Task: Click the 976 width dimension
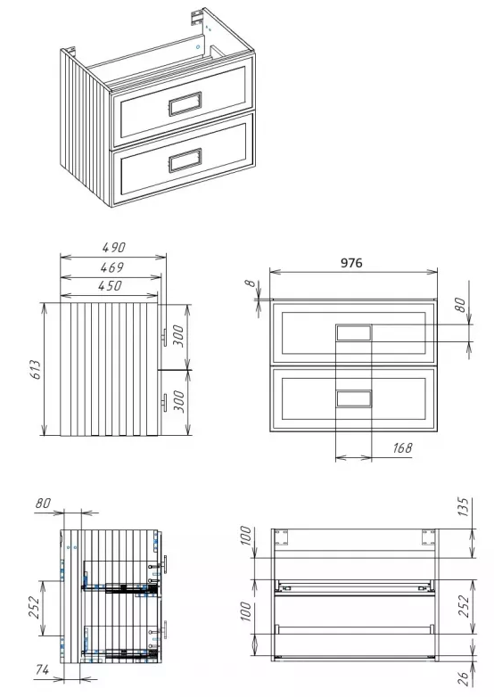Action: click(x=351, y=263)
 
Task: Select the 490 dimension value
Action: click(x=114, y=247)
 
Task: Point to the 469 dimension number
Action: click(x=111, y=267)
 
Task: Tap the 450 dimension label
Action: click(x=110, y=285)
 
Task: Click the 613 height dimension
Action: click(x=36, y=369)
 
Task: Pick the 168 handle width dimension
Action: click(x=402, y=447)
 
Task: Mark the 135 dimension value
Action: click(x=464, y=507)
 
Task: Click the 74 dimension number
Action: click(x=42, y=669)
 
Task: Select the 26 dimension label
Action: click(x=464, y=678)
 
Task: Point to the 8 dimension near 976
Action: click(x=251, y=283)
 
